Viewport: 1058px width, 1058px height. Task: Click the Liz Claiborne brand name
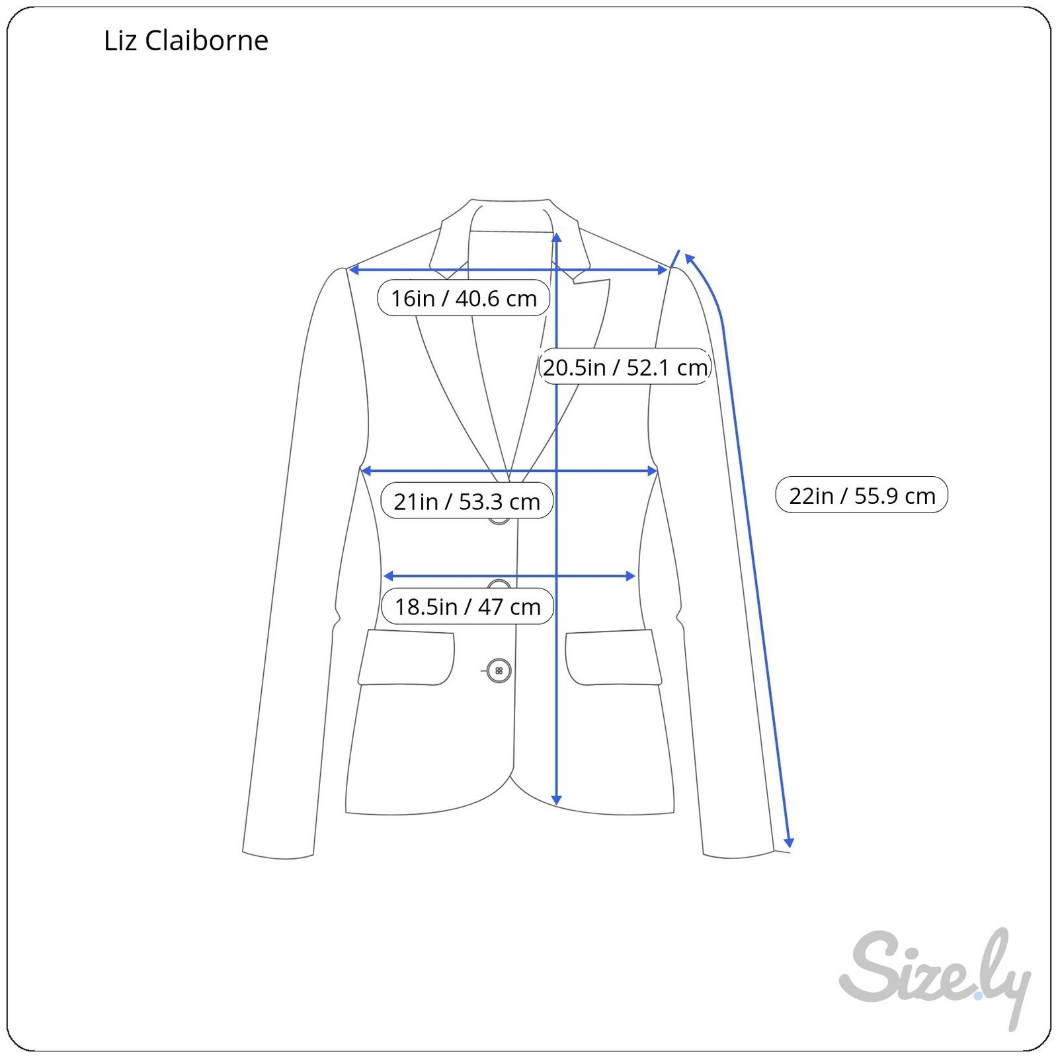click(x=186, y=41)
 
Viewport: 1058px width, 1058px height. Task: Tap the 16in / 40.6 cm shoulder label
click(x=464, y=298)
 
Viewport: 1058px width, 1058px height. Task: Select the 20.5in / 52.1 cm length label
click(x=626, y=366)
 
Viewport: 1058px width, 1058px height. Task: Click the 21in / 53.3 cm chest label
click(x=467, y=501)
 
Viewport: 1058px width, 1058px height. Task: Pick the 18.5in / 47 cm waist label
click(x=468, y=606)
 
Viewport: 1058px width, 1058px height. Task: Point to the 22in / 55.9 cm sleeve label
click(x=862, y=495)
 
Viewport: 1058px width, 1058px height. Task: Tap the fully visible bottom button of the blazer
click(x=499, y=671)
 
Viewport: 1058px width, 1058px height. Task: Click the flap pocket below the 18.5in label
click(x=406, y=657)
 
